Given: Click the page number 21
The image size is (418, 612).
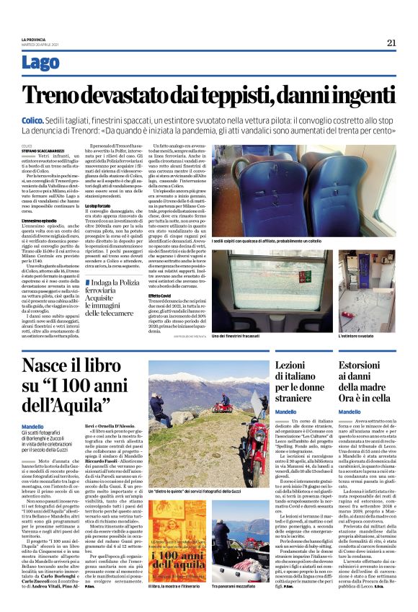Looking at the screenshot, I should (x=391, y=43).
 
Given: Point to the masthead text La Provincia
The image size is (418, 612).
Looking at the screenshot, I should (x=33, y=39).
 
